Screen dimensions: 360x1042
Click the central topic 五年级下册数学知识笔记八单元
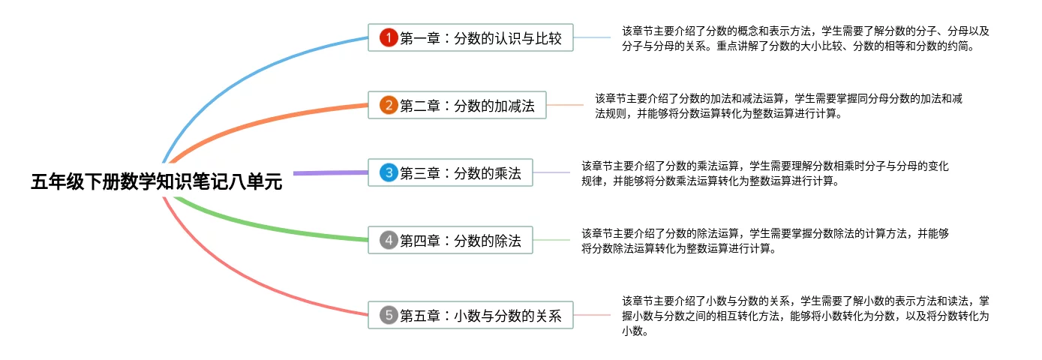156,181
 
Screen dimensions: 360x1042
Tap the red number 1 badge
388,37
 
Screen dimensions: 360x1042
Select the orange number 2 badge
388,105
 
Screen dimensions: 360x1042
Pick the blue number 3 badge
388,173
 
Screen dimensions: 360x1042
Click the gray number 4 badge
388,240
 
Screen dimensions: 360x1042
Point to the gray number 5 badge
388,316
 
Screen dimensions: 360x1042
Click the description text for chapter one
806,38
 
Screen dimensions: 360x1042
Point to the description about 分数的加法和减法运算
779,106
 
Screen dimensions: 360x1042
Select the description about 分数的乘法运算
765,173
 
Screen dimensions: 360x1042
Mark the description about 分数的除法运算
765,241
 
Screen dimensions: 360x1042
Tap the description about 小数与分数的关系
806,316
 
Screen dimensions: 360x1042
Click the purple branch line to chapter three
330,173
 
